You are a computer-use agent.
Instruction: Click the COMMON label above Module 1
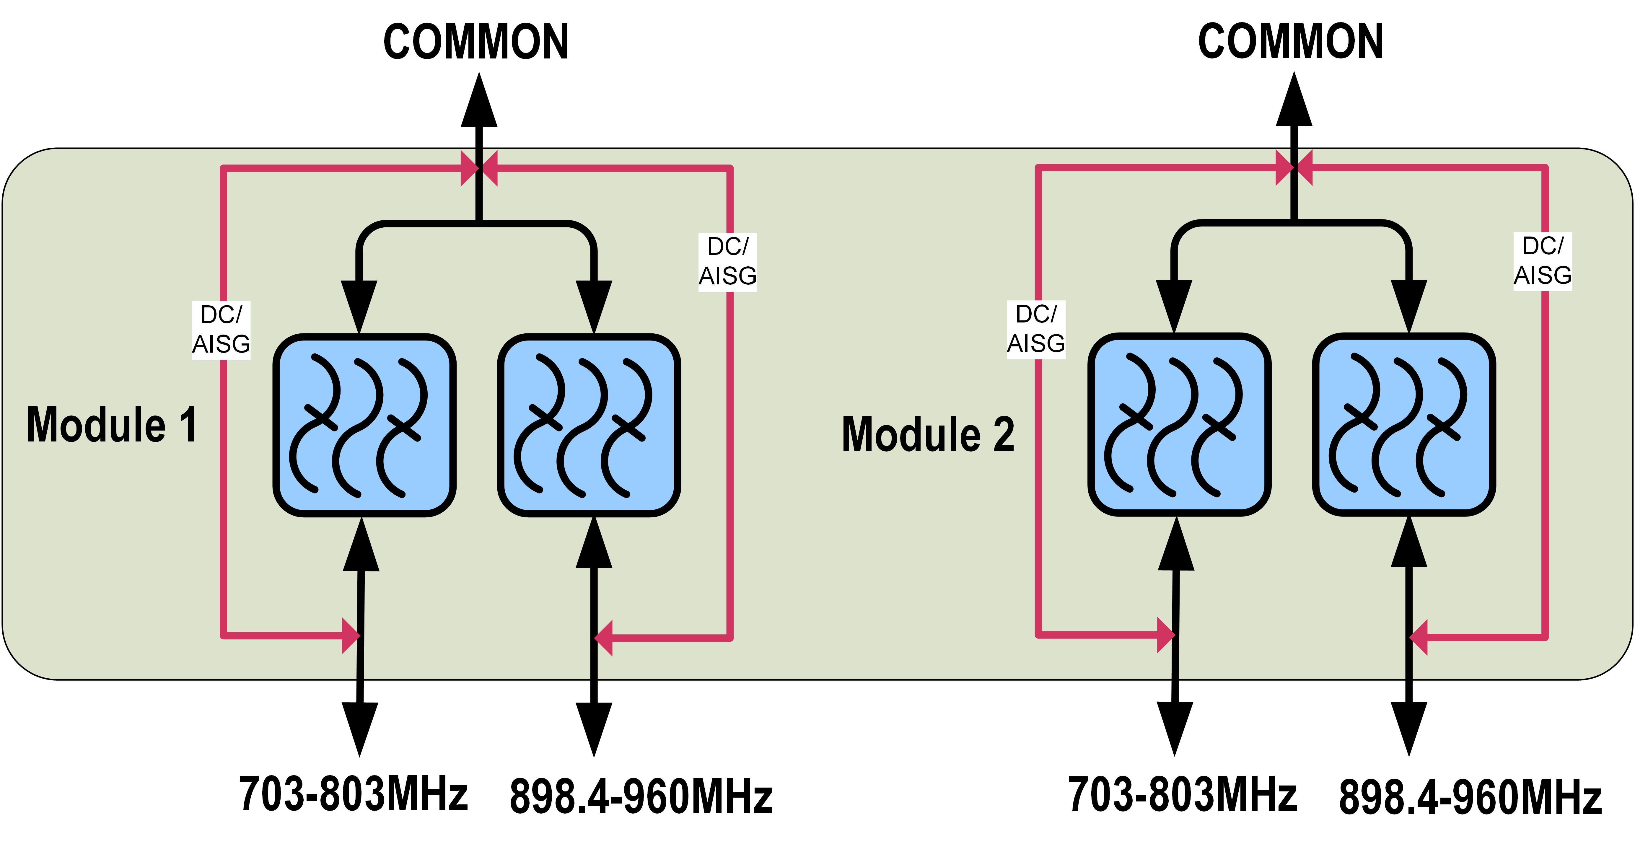coord(476,42)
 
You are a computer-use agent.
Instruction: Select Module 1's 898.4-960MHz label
coord(641,796)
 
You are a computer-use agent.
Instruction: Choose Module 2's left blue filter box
coord(1179,424)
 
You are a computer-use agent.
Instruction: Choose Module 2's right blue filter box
coord(1404,424)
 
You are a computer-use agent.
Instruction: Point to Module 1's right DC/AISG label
coord(727,261)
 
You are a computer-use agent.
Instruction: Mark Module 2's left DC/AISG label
coord(1036,329)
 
